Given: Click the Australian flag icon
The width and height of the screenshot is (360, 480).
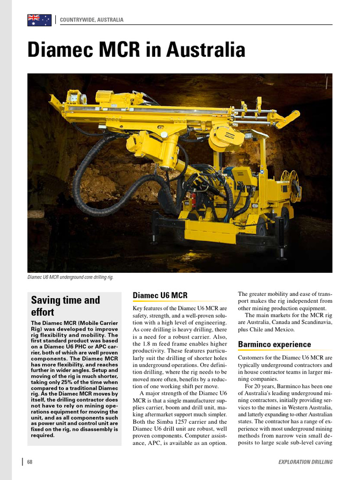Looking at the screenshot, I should [39, 20].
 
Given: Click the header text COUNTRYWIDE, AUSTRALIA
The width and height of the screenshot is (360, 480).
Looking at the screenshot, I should [92, 20].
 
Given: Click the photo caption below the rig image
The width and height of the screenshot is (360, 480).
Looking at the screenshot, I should [70, 277].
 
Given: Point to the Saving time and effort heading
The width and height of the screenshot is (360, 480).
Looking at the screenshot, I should [65, 306].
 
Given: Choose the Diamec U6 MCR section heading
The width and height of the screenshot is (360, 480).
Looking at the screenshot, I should [160, 295].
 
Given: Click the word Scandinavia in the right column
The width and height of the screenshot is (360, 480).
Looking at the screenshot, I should [313, 322].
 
